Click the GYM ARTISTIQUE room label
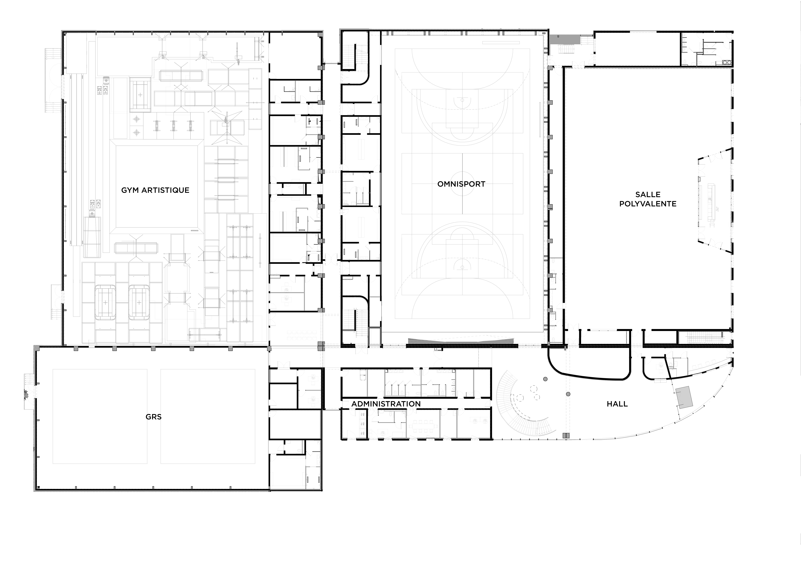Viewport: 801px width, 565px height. click(155, 190)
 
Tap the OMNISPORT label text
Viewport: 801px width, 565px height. click(461, 184)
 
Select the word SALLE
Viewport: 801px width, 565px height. click(648, 195)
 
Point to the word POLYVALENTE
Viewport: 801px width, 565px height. click(648, 204)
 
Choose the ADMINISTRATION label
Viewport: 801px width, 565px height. click(386, 404)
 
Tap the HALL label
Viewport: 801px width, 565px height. click(617, 404)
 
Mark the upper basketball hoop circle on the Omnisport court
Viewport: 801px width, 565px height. click(462, 100)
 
